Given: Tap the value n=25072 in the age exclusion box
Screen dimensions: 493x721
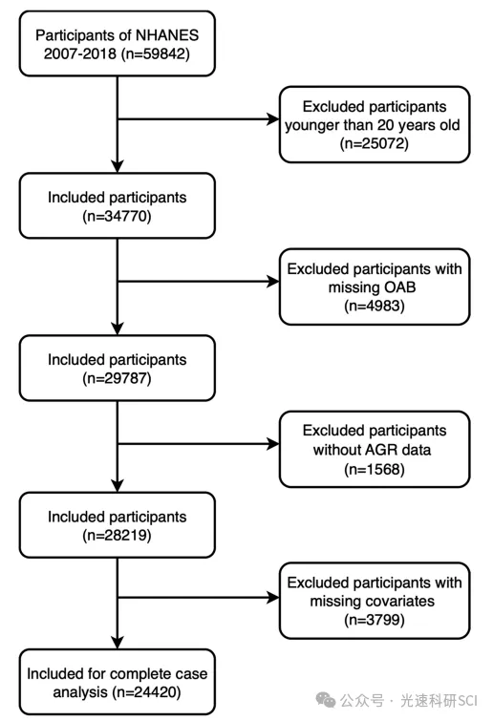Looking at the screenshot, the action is pyautogui.click(x=375, y=143).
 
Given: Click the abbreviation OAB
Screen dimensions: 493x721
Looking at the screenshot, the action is pyautogui.click(x=400, y=287).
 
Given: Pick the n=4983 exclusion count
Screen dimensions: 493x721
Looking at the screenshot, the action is pyautogui.click(x=375, y=306).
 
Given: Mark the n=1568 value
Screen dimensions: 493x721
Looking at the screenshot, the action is pyautogui.click(x=375, y=469).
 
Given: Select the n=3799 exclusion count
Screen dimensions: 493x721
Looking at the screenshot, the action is pyautogui.click(x=375, y=620).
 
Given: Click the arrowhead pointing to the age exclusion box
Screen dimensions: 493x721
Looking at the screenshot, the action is pyautogui.click(x=273, y=119).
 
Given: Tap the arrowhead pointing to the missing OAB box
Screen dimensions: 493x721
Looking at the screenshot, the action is pyautogui.click(x=273, y=282).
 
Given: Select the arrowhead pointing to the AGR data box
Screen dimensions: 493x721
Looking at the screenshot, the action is pyautogui.click(x=273, y=444).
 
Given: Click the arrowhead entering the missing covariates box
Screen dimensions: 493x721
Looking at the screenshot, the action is pyautogui.click(x=273, y=597).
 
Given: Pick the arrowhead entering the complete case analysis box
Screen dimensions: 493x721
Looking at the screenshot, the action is pyautogui.click(x=118, y=643).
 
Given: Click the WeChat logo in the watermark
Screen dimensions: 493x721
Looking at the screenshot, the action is pyautogui.click(x=326, y=700).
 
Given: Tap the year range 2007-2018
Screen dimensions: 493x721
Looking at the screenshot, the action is pyautogui.click(x=80, y=53).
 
